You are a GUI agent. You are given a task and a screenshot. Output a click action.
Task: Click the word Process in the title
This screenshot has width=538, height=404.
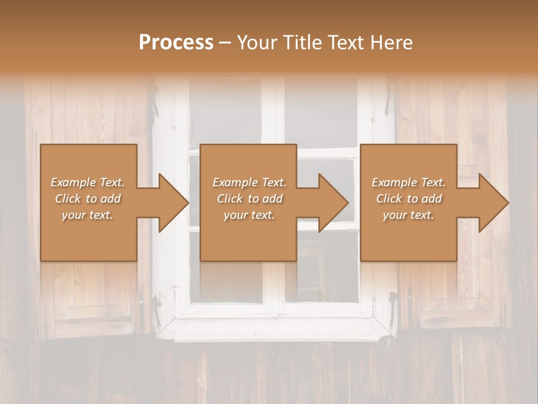pyautogui.click(x=176, y=43)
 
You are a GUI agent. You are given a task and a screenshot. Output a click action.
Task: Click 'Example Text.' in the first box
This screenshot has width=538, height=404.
pyautogui.click(x=87, y=182)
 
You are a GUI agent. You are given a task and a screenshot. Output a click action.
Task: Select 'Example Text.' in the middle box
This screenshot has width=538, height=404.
pyautogui.click(x=249, y=182)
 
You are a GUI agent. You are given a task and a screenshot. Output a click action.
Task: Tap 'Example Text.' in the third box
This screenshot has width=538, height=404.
pyautogui.click(x=409, y=182)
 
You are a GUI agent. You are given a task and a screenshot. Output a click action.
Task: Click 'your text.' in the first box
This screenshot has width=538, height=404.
pyautogui.click(x=87, y=215)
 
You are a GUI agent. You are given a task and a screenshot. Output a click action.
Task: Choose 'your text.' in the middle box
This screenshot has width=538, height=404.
pyautogui.click(x=249, y=215)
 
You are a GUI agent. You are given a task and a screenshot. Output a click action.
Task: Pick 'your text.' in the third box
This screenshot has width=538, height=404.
pyautogui.click(x=409, y=215)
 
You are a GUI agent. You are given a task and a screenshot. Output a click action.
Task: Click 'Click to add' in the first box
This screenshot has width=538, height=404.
pyautogui.click(x=87, y=199)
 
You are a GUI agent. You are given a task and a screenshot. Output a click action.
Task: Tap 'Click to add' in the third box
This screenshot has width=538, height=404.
pyautogui.click(x=409, y=199)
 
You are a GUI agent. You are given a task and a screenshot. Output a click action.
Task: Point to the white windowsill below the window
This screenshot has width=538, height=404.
pyautogui.click(x=275, y=328)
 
